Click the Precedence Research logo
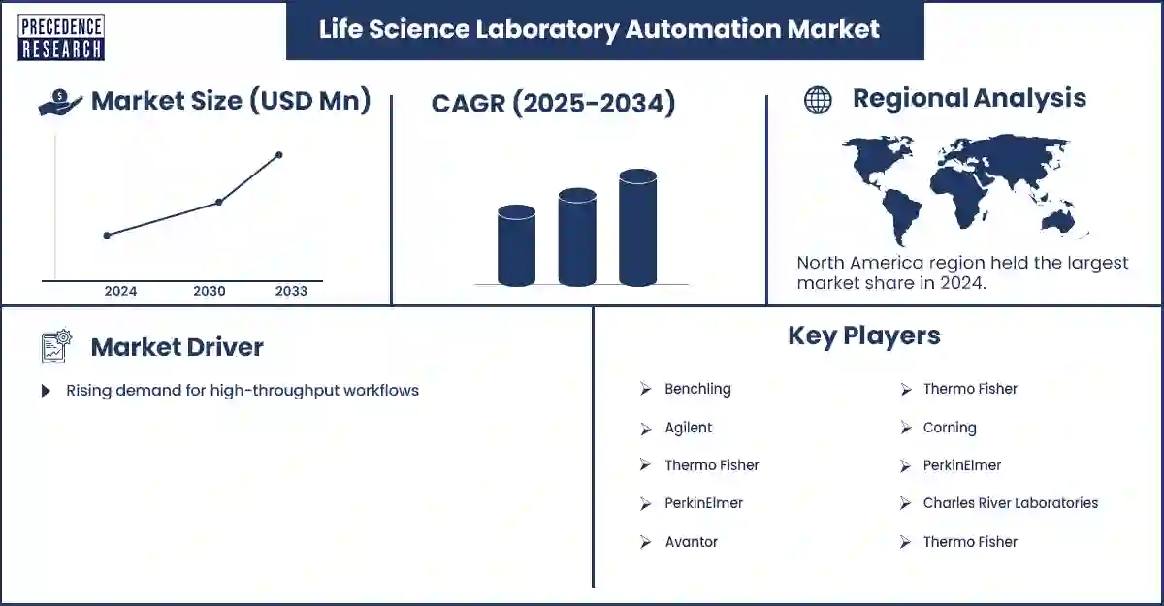[x=60, y=38]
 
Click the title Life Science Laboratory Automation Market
[x=598, y=29]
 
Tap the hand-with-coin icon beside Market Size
[x=60, y=102]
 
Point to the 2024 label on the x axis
[x=120, y=291]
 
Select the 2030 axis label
[x=210, y=291]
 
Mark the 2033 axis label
[x=291, y=291]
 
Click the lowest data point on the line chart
[x=107, y=235]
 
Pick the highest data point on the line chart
[x=279, y=155]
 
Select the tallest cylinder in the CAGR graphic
[x=637, y=229]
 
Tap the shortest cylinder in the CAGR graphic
[x=516, y=246]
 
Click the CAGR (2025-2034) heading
[x=553, y=104]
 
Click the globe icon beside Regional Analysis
[x=818, y=100]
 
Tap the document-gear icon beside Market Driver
[x=57, y=346]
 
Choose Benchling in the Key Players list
[x=697, y=389]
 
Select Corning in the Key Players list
[x=949, y=428]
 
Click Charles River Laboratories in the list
[x=1010, y=503]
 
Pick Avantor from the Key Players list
[x=691, y=542]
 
